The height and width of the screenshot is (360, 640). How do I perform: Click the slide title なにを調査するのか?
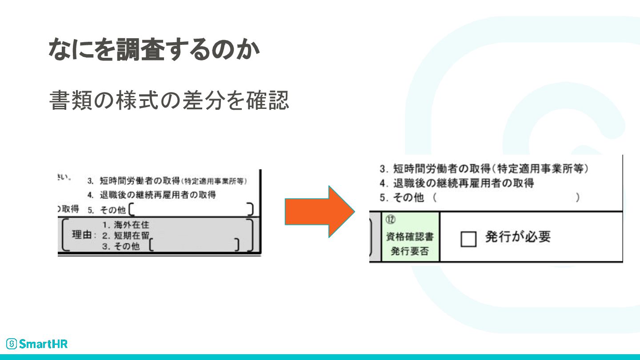point(154,50)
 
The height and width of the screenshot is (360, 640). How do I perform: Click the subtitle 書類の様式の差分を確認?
point(169,100)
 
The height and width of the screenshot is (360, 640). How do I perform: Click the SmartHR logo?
point(37,344)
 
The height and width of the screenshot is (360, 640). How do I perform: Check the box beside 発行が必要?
point(468,239)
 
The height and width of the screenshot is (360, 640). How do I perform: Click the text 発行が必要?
point(517,237)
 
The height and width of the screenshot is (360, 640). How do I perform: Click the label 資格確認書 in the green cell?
point(410,237)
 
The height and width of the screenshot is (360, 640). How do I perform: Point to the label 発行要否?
point(410,251)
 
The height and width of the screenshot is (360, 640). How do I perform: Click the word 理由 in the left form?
point(81,235)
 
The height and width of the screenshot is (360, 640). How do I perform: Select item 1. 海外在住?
point(126,225)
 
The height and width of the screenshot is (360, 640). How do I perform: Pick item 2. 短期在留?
point(126,235)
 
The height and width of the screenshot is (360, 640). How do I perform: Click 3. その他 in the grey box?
point(120,246)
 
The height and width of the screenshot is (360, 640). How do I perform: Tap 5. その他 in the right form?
point(402,198)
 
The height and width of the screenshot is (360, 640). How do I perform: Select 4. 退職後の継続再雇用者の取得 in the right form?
point(457,183)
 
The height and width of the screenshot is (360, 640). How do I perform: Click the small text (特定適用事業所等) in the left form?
point(214,181)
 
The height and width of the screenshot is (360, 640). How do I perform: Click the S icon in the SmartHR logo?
point(12,344)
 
